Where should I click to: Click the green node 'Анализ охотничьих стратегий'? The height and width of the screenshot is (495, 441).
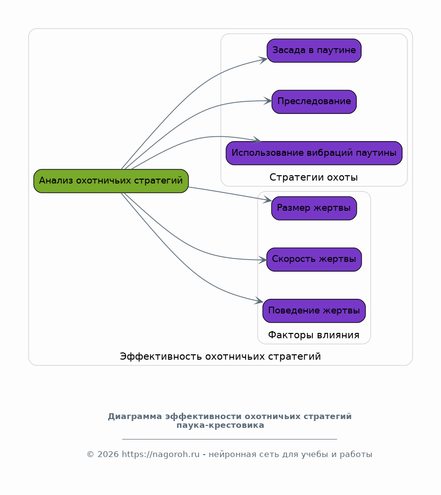pyautogui.click(x=111, y=181)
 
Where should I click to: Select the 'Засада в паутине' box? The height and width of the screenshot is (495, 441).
pyautogui.click(x=314, y=51)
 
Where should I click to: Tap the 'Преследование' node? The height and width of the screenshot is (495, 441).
pyautogui.click(x=314, y=102)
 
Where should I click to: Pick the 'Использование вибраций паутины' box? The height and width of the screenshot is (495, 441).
pyautogui.click(x=314, y=153)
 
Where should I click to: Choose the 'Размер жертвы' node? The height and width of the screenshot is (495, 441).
pyautogui.click(x=314, y=208)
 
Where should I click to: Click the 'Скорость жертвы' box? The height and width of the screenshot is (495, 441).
pyautogui.click(x=314, y=259)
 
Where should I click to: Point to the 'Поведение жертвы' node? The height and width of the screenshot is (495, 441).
pyautogui.click(x=314, y=311)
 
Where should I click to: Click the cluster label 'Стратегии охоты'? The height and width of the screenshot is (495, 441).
pyautogui.click(x=314, y=178)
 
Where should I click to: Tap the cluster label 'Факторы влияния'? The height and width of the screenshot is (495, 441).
pyautogui.click(x=314, y=335)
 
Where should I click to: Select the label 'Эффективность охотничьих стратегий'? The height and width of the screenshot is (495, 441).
pyautogui.click(x=220, y=356)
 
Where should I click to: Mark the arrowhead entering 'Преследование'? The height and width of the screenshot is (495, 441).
pyautogui.click(x=268, y=101)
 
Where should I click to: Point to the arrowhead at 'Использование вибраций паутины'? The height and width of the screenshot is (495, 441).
pyautogui.click(x=257, y=140)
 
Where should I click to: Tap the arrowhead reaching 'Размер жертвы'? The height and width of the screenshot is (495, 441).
pyautogui.click(x=268, y=200)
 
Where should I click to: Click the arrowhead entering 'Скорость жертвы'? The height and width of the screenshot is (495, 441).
pyautogui.click(x=263, y=260)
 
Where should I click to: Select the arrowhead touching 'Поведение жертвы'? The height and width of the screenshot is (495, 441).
pyautogui.click(x=259, y=301)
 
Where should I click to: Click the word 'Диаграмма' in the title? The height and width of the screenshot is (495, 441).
pyautogui.click(x=135, y=416)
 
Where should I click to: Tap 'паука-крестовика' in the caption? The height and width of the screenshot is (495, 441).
pyautogui.click(x=220, y=425)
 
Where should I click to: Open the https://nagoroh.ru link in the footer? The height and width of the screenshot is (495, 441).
pyautogui.click(x=161, y=454)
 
